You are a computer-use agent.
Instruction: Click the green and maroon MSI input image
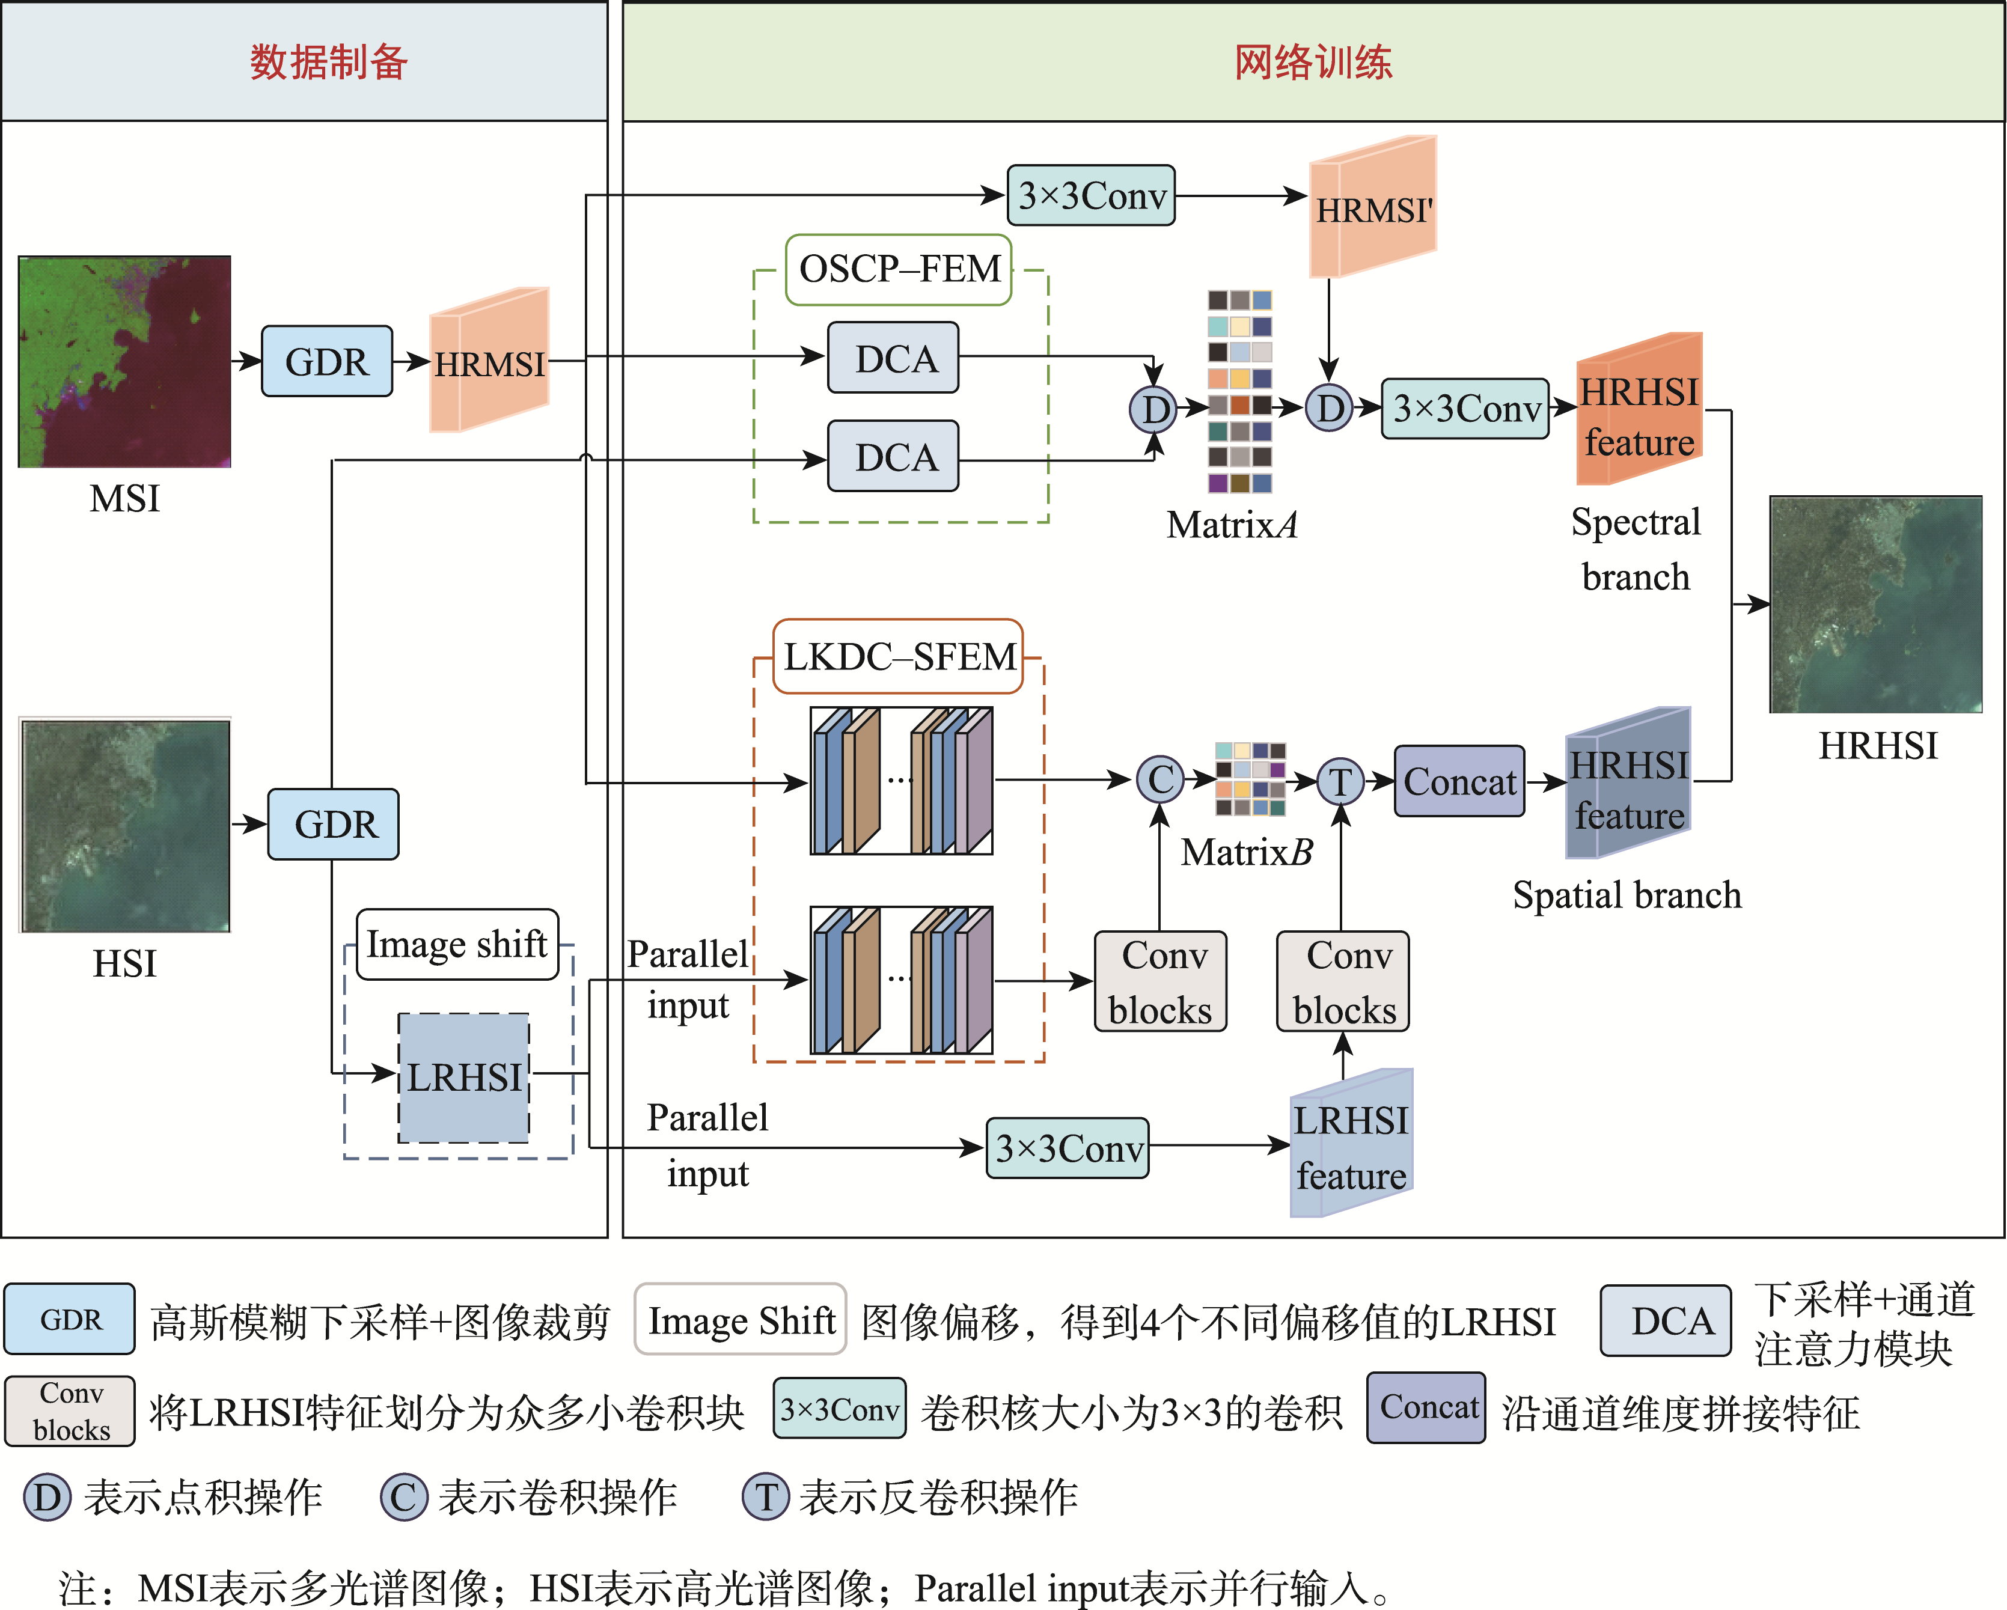click(x=125, y=361)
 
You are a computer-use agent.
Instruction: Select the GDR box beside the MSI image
click(x=327, y=361)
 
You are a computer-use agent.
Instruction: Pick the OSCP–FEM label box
click(x=898, y=270)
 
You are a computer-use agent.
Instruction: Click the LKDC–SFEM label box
click(x=898, y=657)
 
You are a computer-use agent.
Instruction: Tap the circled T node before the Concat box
click(x=1340, y=782)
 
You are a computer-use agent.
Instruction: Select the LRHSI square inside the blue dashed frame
click(x=463, y=1078)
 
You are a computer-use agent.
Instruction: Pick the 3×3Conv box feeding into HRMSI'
click(x=1091, y=195)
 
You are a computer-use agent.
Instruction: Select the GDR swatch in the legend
click(x=70, y=1319)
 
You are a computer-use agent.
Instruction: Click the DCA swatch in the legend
click(x=1666, y=1320)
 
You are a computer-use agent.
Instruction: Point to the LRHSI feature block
click(x=1351, y=1145)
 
